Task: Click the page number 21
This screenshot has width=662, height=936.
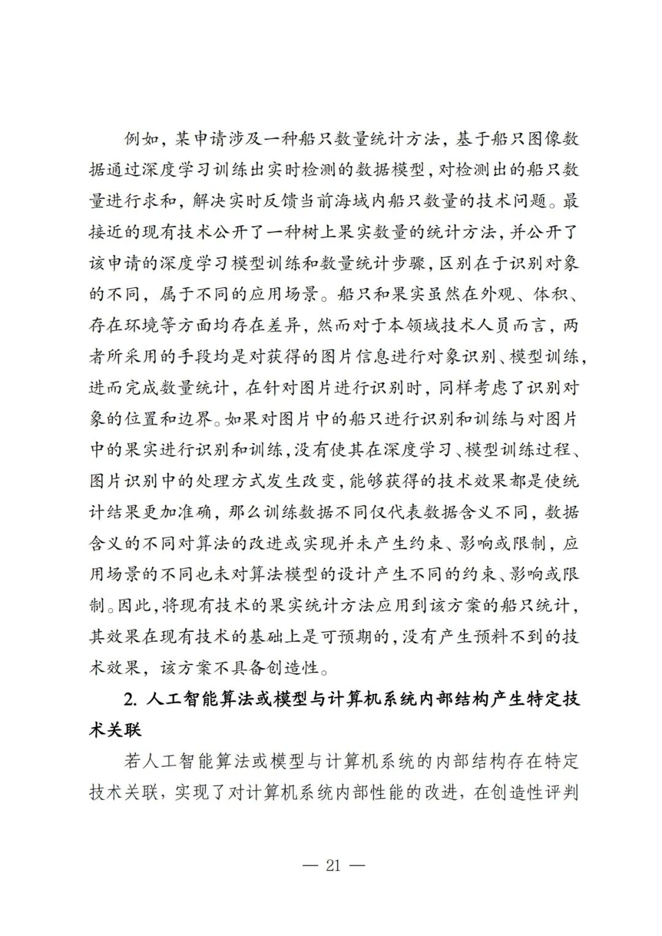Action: (x=333, y=866)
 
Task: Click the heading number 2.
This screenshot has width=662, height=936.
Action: (x=129, y=699)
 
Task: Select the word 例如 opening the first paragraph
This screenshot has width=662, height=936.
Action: (x=140, y=139)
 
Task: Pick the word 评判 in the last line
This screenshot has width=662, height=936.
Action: (x=561, y=793)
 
